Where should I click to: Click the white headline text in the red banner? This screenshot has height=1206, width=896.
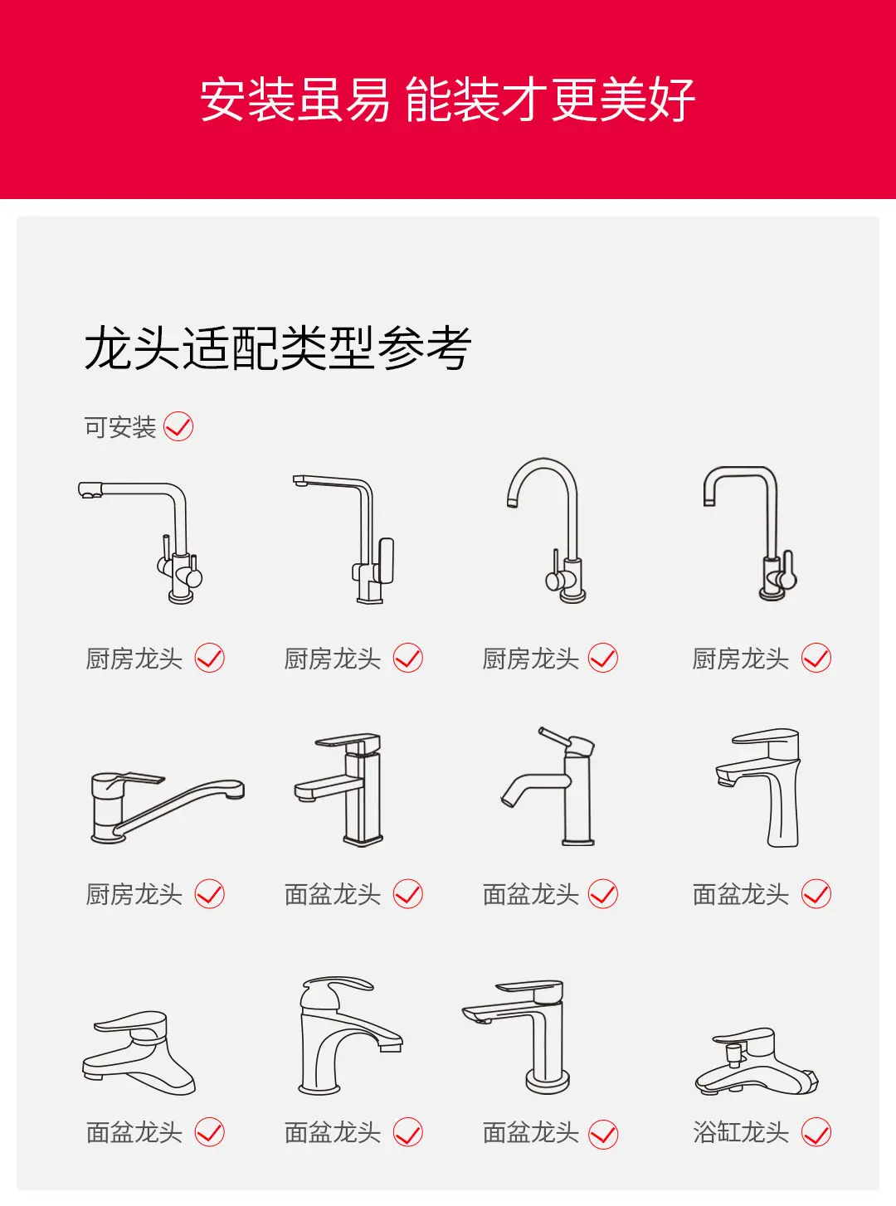[447, 100]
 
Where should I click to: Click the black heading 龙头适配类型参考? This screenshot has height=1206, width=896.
[277, 348]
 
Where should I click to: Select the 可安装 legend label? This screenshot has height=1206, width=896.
[120, 427]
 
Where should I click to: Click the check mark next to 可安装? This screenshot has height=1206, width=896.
[178, 426]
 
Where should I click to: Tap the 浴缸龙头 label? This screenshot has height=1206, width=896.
[740, 1132]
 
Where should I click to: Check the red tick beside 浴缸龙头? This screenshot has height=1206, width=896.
[816, 1132]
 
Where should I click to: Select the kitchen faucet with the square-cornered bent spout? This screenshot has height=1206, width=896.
[751, 533]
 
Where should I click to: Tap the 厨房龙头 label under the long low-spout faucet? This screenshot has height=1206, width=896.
[134, 894]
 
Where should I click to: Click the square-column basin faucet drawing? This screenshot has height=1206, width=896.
[338, 790]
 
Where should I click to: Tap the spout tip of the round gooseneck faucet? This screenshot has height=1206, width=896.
[511, 503]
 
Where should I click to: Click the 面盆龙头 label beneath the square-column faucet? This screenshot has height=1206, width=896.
[333, 894]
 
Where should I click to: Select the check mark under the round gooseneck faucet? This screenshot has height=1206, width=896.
[603, 658]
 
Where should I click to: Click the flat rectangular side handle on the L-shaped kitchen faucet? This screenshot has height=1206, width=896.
[386, 561]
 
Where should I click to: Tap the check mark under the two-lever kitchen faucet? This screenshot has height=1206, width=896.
[209, 658]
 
